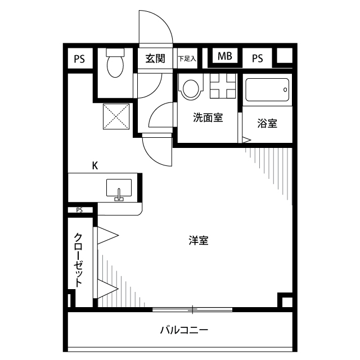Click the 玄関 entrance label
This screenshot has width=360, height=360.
(x=155, y=58)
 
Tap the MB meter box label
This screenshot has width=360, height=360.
(x=224, y=57)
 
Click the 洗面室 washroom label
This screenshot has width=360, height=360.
(x=208, y=118)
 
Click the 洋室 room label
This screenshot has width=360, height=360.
(x=198, y=241)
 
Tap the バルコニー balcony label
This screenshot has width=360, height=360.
(x=183, y=330)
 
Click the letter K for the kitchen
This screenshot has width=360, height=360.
(x=95, y=165)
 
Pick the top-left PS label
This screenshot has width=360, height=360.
(x=79, y=58)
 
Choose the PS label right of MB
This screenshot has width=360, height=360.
(x=258, y=57)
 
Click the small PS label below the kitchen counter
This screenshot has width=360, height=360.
(x=79, y=210)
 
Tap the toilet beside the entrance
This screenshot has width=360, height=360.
(x=116, y=63)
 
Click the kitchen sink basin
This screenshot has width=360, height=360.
(x=119, y=188)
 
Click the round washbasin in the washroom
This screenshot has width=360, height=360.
(x=191, y=88)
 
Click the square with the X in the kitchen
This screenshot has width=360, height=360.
(x=115, y=117)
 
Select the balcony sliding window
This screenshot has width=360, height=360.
(x=192, y=309)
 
